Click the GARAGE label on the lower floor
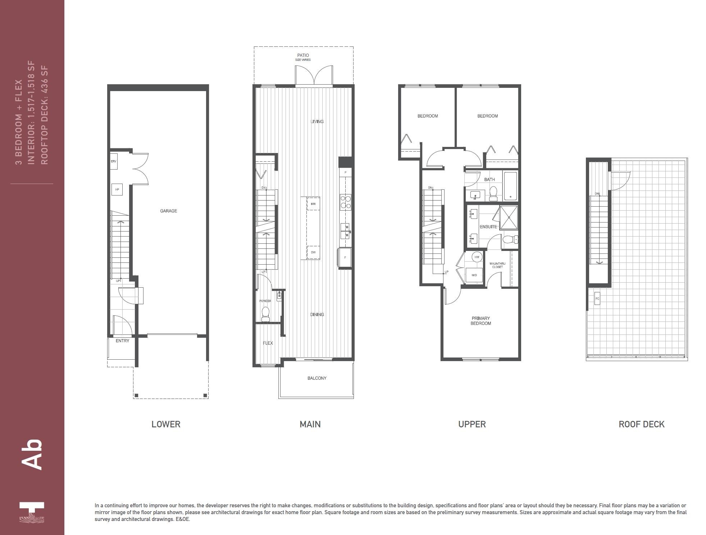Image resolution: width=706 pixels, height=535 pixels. tap(168, 211)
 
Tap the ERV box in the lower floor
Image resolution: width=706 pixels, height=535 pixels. tap(114, 161)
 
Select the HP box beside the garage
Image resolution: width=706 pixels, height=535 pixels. tap(117, 189)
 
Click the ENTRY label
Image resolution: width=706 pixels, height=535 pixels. tap(122, 341)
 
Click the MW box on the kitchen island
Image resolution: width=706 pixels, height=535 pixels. tap(313, 204)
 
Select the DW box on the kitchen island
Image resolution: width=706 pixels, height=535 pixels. tap(313, 252)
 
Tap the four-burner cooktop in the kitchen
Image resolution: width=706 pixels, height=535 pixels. tap(345, 202)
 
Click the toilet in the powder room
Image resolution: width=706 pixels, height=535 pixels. tap(265, 314)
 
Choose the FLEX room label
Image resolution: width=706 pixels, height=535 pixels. tap(268, 343)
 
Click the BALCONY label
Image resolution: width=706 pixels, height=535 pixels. tap(317, 378)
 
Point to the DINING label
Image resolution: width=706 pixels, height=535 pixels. tap(317, 314)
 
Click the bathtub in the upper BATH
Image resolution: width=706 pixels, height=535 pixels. tap(510, 186)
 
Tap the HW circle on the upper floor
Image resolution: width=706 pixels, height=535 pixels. tap(477, 257)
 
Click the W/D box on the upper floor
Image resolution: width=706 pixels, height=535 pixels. tap(474, 275)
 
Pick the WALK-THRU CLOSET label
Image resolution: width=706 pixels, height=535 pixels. tap(497, 265)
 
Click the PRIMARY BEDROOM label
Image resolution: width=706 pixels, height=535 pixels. tap(481, 321)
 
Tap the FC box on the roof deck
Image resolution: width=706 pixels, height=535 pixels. tap(597, 298)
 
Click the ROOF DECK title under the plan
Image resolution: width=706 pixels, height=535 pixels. tap(641, 424)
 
